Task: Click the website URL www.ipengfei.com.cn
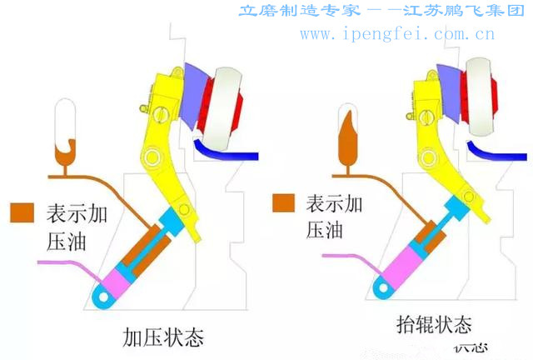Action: (397, 34)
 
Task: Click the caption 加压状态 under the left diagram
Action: (163, 337)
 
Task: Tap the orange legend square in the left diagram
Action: (20, 212)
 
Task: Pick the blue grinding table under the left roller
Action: (225, 153)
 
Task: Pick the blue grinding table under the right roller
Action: (500, 152)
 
